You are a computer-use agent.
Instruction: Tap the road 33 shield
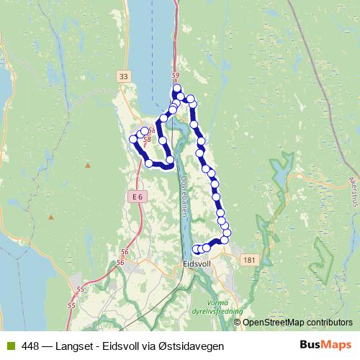124,76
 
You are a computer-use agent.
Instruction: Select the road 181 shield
249,259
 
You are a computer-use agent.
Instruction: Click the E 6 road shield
138,196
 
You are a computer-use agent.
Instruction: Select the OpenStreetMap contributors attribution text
298,323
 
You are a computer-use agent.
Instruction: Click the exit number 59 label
175,75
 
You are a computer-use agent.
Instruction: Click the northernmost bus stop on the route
177,88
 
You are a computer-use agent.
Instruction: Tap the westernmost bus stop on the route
132,139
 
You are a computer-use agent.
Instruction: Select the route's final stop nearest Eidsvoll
197,249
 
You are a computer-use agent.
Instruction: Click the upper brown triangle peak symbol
87,165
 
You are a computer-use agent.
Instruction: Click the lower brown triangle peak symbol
51,216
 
